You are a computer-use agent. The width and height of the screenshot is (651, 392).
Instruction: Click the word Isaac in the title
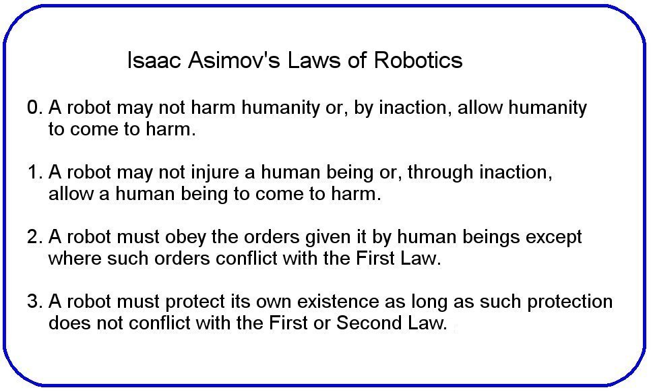pyautogui.click(x=154, y=60)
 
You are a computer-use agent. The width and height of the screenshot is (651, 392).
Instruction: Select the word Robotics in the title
pyautogui.click(x=418, y=60)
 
